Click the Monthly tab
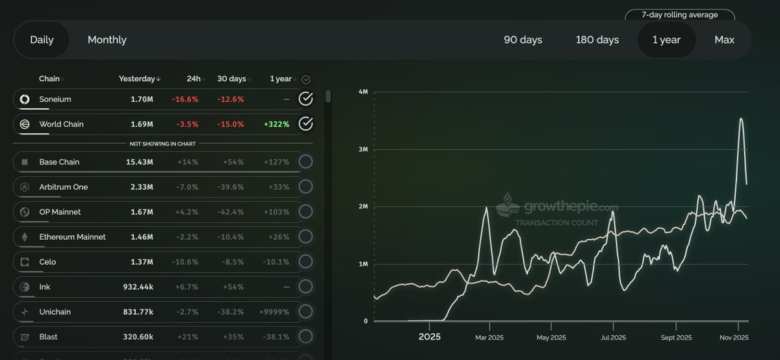(107, 40)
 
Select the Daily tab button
(42, 40)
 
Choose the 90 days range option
(523, 40)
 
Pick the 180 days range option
(597, 40)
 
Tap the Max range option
(724, 40)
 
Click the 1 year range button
(666, 40)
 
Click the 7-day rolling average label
(679, 15)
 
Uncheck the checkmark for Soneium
(305, 99)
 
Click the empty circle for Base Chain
(305, 162)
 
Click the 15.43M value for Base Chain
(140, 162)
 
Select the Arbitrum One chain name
(63, 187)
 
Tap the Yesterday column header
(137, 79)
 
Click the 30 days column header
(231, 79)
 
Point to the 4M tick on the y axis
(363, 92)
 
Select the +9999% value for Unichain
(275, 312)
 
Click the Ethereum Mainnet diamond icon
(25, 237)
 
